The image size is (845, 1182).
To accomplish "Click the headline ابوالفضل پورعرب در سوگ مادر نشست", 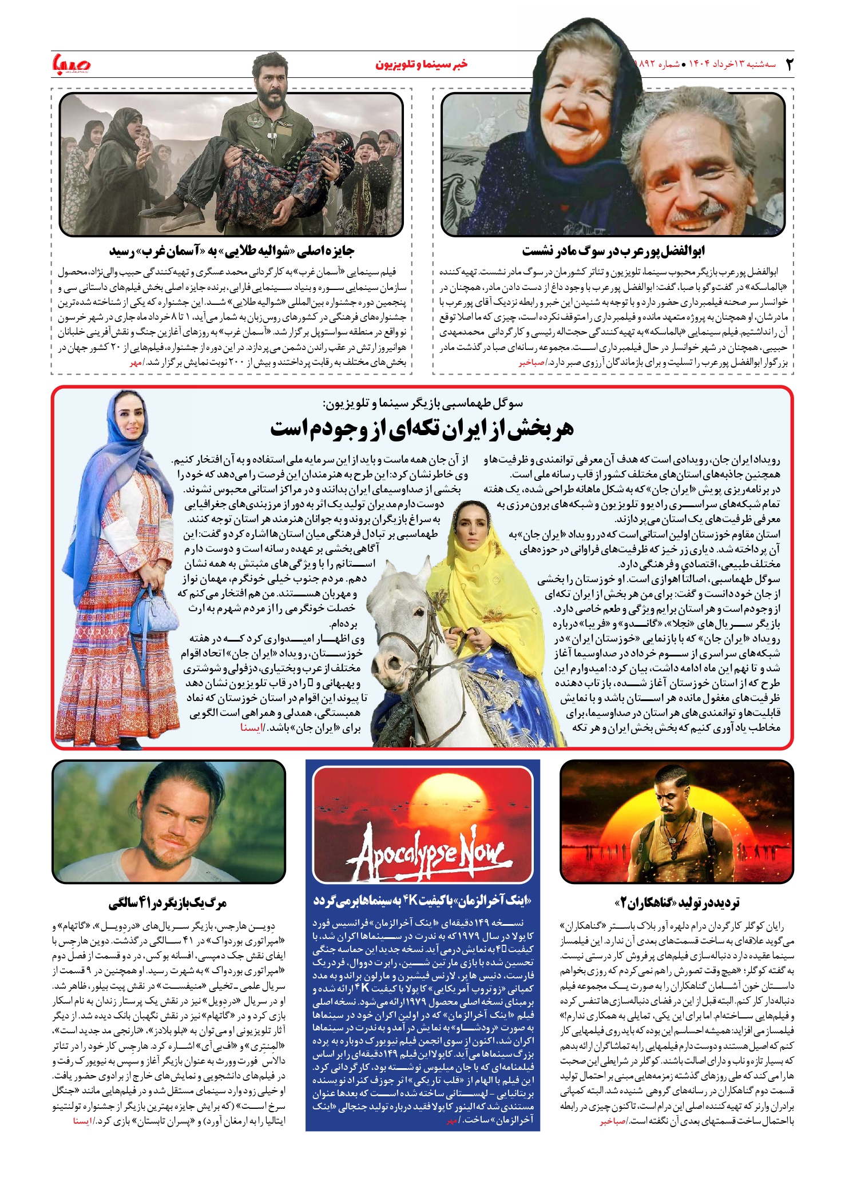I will pos(613,251).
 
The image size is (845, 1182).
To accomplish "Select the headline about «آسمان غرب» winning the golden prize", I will pos(232,251).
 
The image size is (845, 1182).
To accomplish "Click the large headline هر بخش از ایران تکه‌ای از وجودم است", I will pos(422,429).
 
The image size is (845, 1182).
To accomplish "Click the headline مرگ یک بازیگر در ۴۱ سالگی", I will pos(168,903).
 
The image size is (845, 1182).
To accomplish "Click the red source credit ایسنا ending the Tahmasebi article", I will pos(251,728).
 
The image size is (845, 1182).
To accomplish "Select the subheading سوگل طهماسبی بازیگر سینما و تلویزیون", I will pos(422,404).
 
